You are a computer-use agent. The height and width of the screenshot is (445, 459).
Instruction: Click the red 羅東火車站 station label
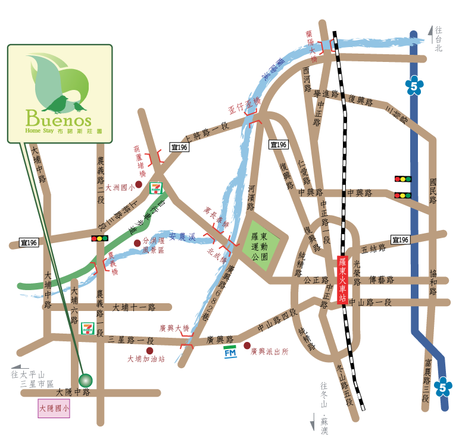(342, 280)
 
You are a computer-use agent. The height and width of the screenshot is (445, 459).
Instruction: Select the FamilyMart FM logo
(230, 351)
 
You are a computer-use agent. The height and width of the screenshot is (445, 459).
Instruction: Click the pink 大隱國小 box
(54, 408)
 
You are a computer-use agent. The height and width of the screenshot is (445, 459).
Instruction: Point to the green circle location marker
(86, 380)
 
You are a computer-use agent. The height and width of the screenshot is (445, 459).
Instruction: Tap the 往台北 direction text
(439, 38)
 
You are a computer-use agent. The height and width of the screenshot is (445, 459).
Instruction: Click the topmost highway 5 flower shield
(414, 86)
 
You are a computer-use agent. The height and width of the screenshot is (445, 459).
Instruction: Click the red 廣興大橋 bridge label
(174, 328)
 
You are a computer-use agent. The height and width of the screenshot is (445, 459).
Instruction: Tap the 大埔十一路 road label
(134, 307)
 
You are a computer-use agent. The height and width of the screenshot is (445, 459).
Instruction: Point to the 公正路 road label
(316, 279)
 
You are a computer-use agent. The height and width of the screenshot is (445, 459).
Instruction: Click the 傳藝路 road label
(382, 279)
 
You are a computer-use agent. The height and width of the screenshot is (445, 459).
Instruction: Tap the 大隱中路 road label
(73, 393)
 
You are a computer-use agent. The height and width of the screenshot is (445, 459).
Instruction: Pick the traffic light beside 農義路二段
(99, 238)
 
